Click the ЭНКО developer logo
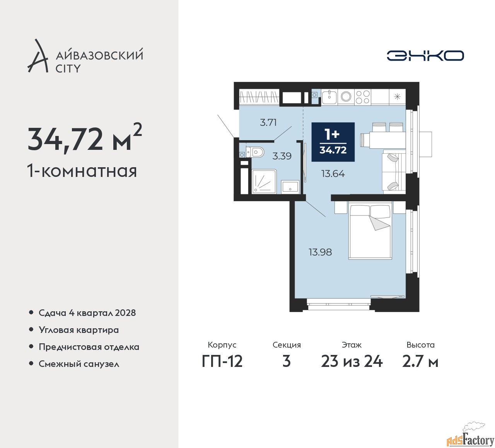tap(425, 56)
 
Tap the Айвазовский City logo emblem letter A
tap(38, 56)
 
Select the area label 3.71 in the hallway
tap(268, 123)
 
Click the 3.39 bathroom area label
tap(282, 156)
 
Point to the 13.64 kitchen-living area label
tap(333, 174)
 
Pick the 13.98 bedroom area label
tap(320, 252)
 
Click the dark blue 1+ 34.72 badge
tap(333, 142)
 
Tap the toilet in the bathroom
tap(256, 152)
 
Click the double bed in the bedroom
tap(370, 231)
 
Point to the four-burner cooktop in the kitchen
tap(362, 97)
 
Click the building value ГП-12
tap(222, 361)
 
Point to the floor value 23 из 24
tap(352, 361)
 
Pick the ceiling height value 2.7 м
tap(420, 361)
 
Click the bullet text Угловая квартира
tap(79, 330)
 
